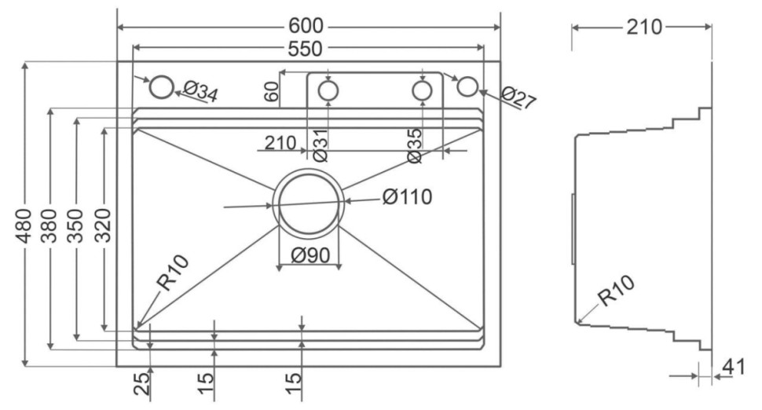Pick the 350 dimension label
tap(77, 224)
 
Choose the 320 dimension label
tap(103, 225)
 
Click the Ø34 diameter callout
tap(200, 91)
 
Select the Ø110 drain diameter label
tap(408, 196)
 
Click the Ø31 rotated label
tap(320, 145)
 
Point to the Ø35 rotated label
tap(415, 145)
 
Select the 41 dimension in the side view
tap(732, 367)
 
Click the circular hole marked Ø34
tap(161, 87)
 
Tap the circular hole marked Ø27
tap(467, 86)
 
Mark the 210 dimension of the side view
tap(643, 27)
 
